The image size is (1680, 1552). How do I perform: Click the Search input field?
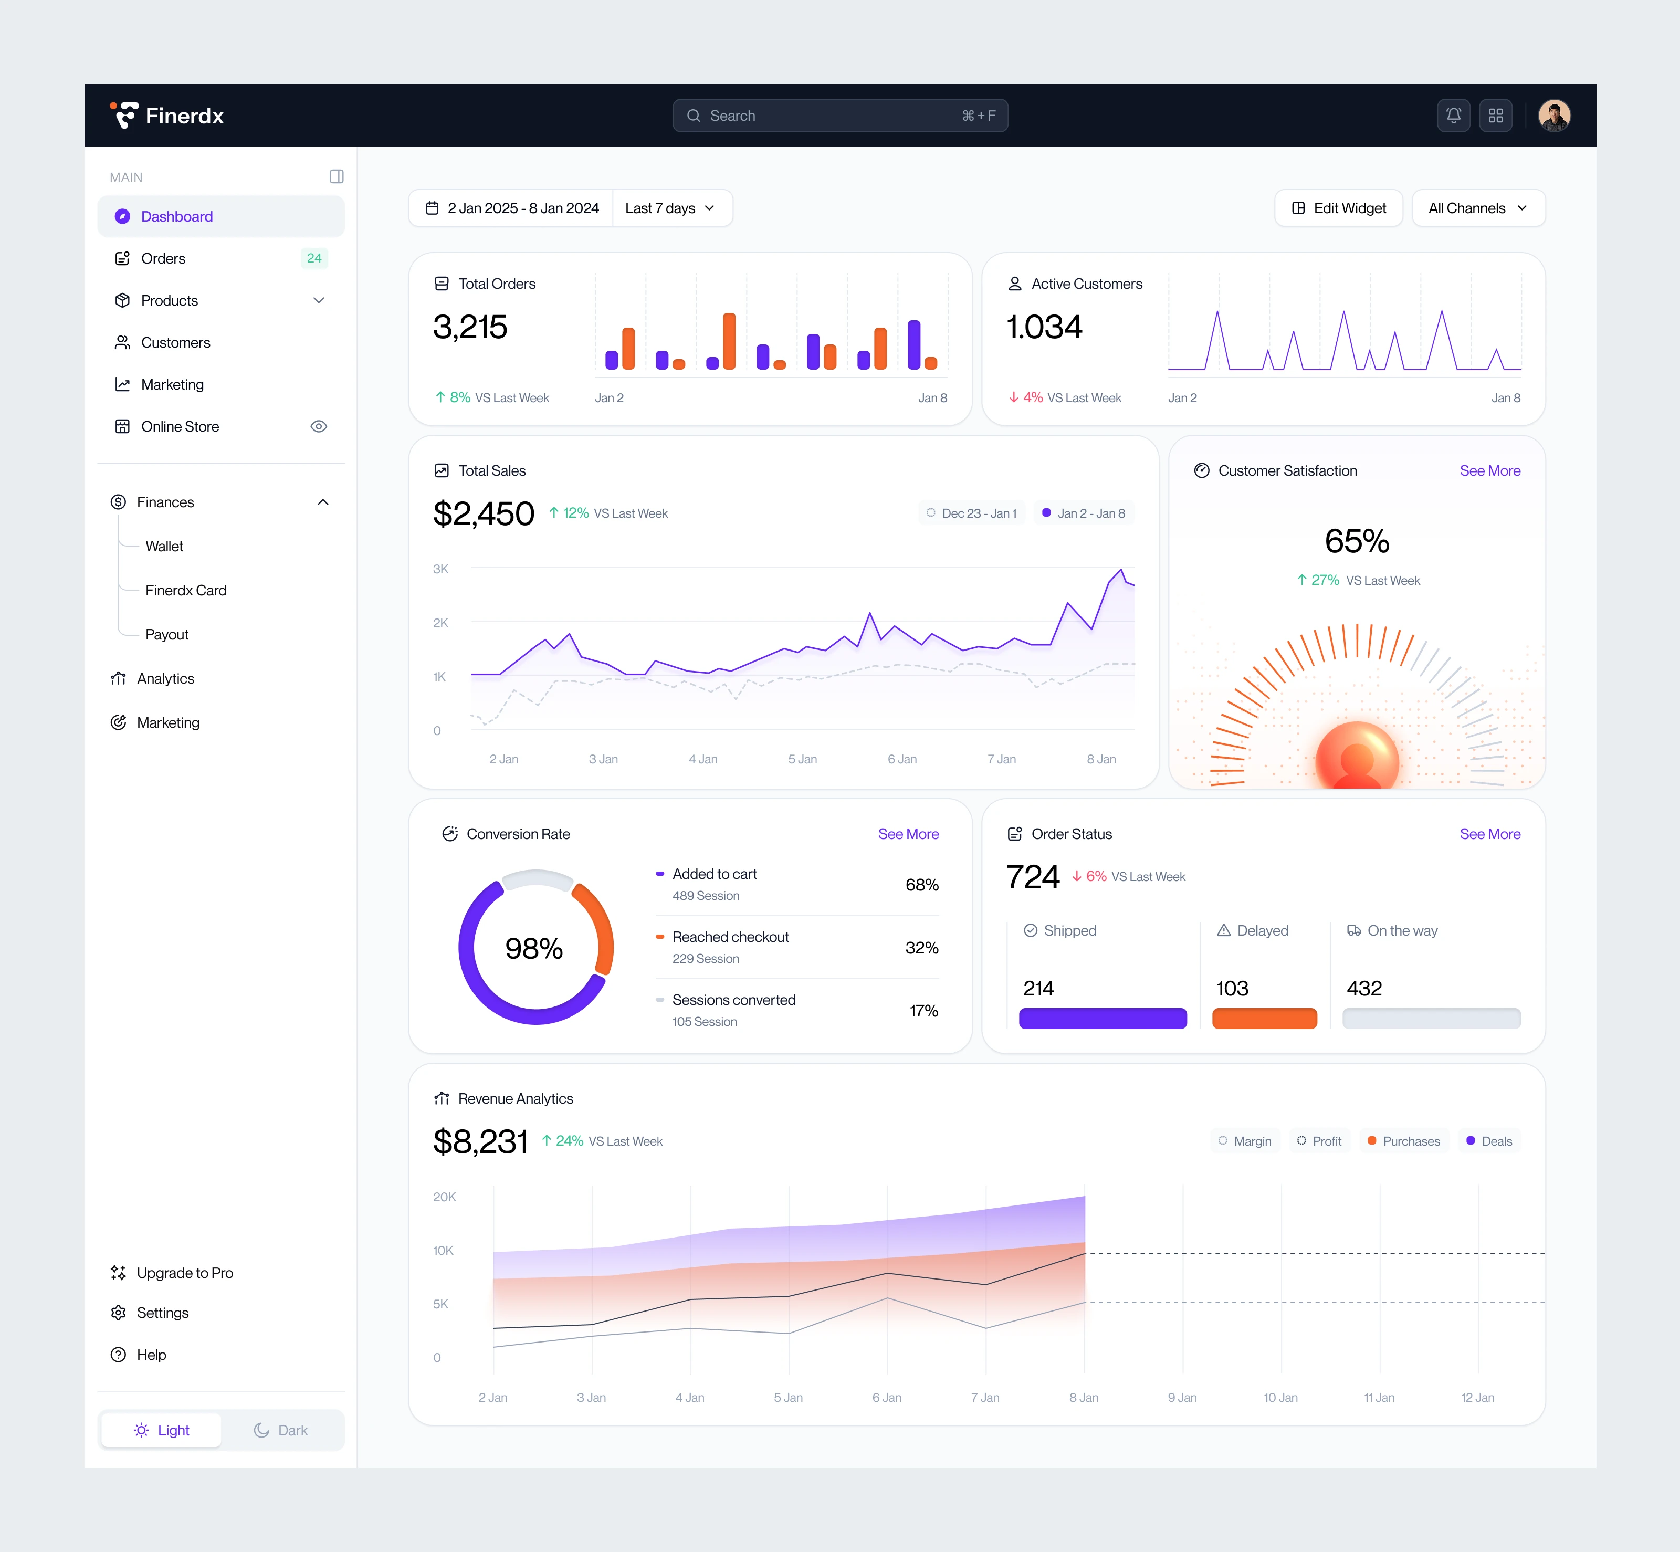pyautogui.click(x=839, y=116)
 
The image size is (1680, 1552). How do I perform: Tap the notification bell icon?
pyautogui.click(x=1453, y=116)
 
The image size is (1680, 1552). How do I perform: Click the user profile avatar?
pyautogui.click(x=1554, y=116)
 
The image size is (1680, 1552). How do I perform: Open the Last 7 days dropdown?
pyautogui.click(x=670, y=208)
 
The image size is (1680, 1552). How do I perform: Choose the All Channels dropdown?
pyautogui.click(x=1478, y=208)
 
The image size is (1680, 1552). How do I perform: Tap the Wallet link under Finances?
pyautogui.click(x=164, y=546)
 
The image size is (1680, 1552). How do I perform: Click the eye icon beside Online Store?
pyautogui.click(x=318, y=427)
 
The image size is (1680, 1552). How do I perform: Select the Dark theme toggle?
pyautogui.click(x=281, y=1430)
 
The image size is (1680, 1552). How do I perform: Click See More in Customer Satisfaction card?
pyautogui.click(x=1489, y=471)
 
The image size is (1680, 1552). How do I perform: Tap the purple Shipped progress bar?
pyautogui.click(x=1102, y=1019)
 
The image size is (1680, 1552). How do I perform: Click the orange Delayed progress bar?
pyautogui.click(x=1264, y=1019)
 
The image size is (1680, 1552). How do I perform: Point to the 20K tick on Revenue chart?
pyautogui.click(x=444, y=1197)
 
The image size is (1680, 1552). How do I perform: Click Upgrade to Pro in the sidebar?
pyautogui.click(x=185, y=1273)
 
